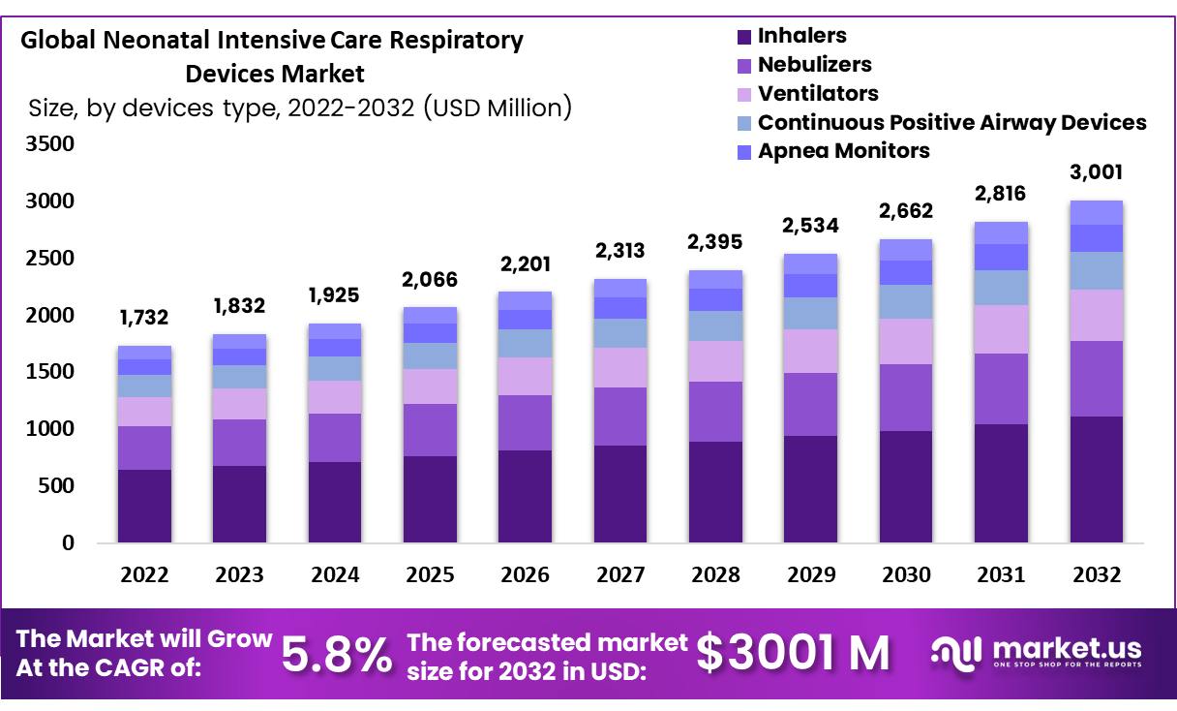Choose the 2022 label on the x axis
coord(144,574)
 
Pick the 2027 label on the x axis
coord(620,574)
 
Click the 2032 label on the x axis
coord(1097,574)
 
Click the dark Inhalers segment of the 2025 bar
coord(430,499)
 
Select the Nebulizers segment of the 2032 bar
coord(1097,379)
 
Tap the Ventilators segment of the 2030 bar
coord(906,341)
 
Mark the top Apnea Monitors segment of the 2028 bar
coord(715,279)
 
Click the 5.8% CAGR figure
coord(337,655)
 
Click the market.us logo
coord(1037,652)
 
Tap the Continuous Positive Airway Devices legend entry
coord(951,123)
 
